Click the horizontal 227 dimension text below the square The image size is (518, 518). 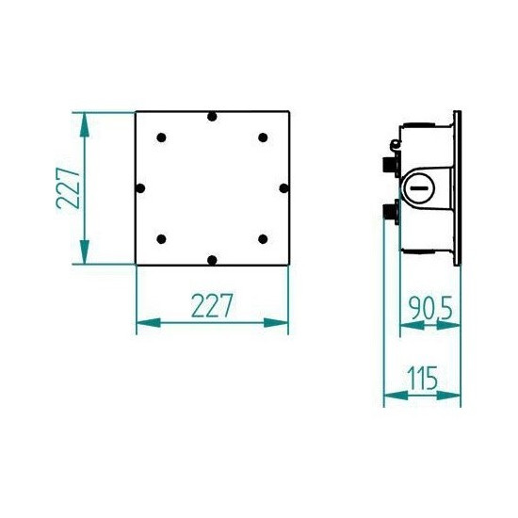[x=212, y=306]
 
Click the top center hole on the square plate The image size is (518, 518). [x=212, y=117]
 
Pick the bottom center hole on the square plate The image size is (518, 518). [x=212, y=259]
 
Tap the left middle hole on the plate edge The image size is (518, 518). [x=141, y=188]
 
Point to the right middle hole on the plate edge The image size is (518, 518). [x=283, y=188]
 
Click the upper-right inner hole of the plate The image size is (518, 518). [x=262, y=138]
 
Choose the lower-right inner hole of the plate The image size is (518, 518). [x=262, y=238]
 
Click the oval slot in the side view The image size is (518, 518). [x=419, y=188]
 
